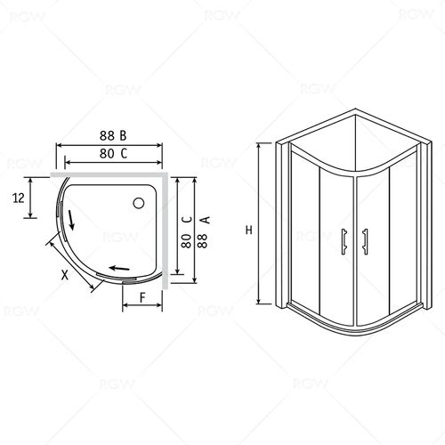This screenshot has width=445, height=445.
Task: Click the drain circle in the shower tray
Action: (139, 203)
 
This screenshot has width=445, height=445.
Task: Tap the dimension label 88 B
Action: (113, 135)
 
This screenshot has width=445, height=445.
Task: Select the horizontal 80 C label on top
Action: (113, 153)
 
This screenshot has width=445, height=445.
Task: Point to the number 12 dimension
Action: (19, 198)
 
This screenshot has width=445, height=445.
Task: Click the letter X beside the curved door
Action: (65, 275)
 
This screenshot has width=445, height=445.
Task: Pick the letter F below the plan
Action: (142, 297)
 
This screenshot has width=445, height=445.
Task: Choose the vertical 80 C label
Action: (187, 232)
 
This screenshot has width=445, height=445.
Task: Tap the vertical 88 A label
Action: (204, 232)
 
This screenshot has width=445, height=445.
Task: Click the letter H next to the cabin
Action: (248, 230)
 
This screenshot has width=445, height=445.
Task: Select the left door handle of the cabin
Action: (344, 241)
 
